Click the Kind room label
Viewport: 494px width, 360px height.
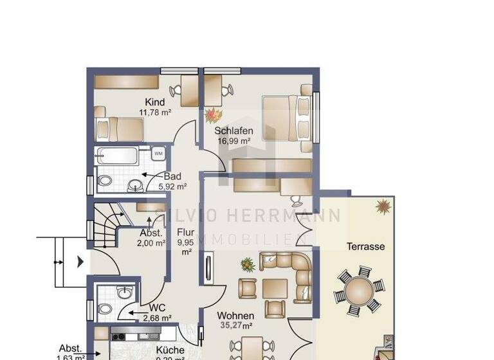pyautogui.click(x=155, y=102)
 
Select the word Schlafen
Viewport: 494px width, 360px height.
pyautogui.click(x=233, y=131)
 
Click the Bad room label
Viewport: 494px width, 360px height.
pyautogui.click(x=172, y=176)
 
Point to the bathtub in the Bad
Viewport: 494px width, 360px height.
pyautogui.click(x=116, y=156)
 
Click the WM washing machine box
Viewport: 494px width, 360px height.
pyautogui.click(x=158, y=154)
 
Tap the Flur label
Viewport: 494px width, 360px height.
pyautogui.click(x=186, y=233)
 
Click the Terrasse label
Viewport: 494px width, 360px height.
pyautogui.click(x=365, y=246)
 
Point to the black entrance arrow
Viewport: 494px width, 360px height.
pyautogui.click(x=80, y=262)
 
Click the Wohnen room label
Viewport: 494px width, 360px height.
pyautogui.click(x=235, y=316)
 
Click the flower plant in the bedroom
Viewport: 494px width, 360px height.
pyautogui.click(x=212, y=115)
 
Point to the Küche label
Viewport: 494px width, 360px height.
pyautogui.click(x=170, y=350)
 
